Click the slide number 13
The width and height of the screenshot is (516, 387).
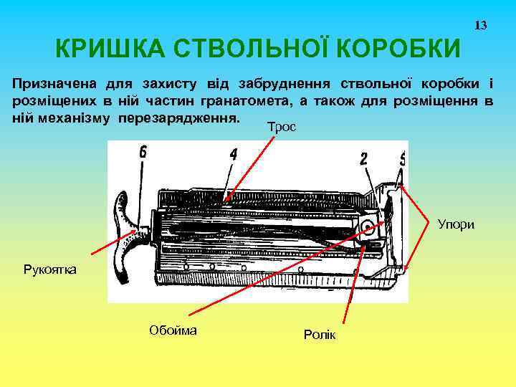(x=481, y=26)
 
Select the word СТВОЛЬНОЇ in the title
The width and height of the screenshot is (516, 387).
(x=251, y=49)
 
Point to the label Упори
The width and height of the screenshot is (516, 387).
(x=456, y=224)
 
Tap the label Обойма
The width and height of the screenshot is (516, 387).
(x=173, y=330)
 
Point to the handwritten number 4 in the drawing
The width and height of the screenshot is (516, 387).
(x=233, y=154)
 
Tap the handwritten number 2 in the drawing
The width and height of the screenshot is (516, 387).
(x=363, y=159)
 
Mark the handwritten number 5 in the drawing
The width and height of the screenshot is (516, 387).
(x=402, y=158)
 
